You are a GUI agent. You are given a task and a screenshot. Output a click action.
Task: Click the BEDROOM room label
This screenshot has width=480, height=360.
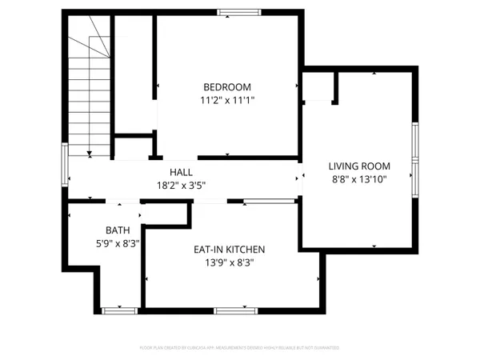[x=227, y=87]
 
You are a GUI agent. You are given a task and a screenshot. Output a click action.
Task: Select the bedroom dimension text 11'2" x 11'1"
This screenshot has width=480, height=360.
[x=227, y=101]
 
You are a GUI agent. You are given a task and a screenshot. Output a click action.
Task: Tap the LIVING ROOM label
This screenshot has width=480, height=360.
[x=358, y=166]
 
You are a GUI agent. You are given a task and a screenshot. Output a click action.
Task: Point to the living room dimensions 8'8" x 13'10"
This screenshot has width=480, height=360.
[x=358, y=180]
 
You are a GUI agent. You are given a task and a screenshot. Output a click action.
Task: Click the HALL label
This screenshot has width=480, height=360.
[x=180, y=173]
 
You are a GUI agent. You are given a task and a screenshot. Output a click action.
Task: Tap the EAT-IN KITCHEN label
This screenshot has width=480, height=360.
[x=229, y=250]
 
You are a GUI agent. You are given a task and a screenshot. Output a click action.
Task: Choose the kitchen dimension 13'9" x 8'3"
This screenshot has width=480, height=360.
[x=229, y=263]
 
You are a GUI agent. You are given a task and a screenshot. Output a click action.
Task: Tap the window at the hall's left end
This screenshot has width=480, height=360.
[x=65, y=166]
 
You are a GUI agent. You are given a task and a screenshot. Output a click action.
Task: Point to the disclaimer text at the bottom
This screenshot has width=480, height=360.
[x=240, y=348]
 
